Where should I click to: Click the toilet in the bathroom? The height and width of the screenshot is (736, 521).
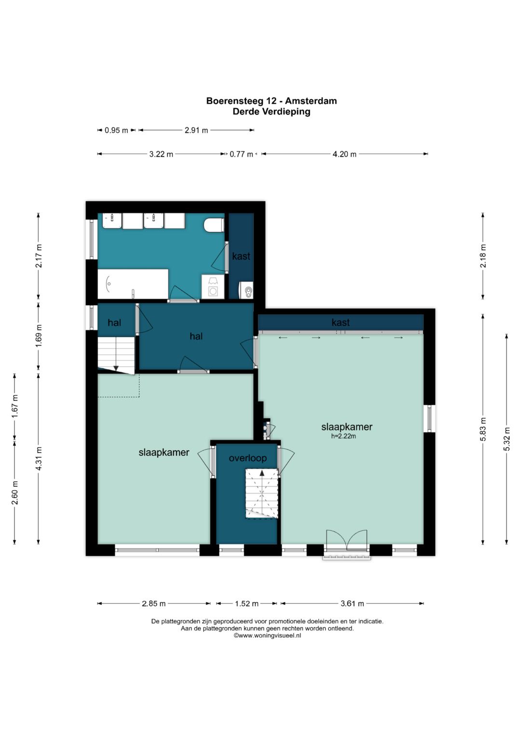[213, 225]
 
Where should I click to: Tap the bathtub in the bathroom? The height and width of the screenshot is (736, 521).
[133, 284]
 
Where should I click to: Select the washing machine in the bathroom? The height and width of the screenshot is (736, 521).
[212, 287]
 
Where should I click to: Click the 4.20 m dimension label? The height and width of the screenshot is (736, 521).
[344, 154]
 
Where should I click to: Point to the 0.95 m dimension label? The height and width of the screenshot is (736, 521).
[116, 131]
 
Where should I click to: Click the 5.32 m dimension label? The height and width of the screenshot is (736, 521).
[507, 439]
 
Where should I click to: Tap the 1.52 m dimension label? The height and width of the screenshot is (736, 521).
[247, 603]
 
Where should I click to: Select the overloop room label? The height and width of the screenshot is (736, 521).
[247, 458]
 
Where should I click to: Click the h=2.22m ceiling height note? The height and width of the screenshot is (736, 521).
[343, 437]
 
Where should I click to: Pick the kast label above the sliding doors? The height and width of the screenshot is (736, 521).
[341, 322]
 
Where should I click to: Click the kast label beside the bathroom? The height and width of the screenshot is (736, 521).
[241, 256]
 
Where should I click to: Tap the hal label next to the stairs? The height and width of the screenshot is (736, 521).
[114, 322]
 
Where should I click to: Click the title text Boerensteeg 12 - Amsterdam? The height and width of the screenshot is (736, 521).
[271, 101]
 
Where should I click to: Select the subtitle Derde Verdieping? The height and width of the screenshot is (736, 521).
[271, 112]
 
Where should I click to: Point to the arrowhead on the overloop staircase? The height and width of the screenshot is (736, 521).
[262, 473]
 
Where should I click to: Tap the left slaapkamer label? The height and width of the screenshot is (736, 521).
[164, 453]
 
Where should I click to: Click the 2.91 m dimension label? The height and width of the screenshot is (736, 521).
[196, 131]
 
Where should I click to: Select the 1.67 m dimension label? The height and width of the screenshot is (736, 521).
[15, 406]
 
